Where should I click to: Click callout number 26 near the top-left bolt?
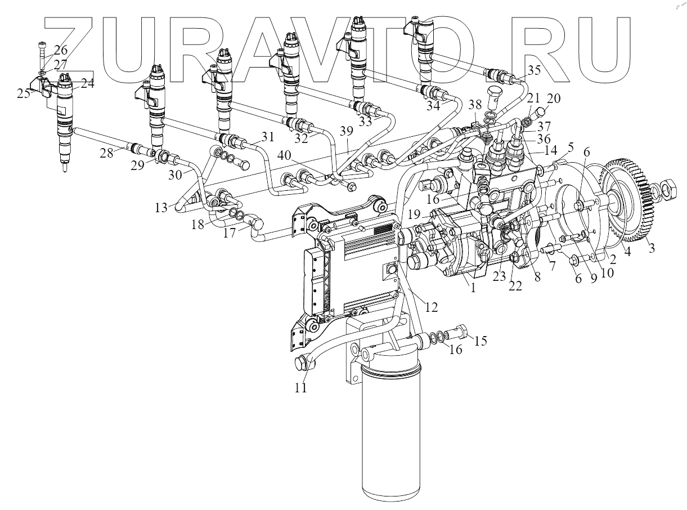(60, 50)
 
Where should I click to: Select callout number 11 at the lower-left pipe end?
(302, 388)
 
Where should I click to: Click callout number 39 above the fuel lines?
(347, 131)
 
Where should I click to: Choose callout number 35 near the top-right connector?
(533, 70)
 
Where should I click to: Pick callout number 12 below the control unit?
(431, 307)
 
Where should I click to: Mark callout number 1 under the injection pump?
(473, 287)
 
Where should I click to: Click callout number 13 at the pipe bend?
(162, 208)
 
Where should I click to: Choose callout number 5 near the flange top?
(571, 148)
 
